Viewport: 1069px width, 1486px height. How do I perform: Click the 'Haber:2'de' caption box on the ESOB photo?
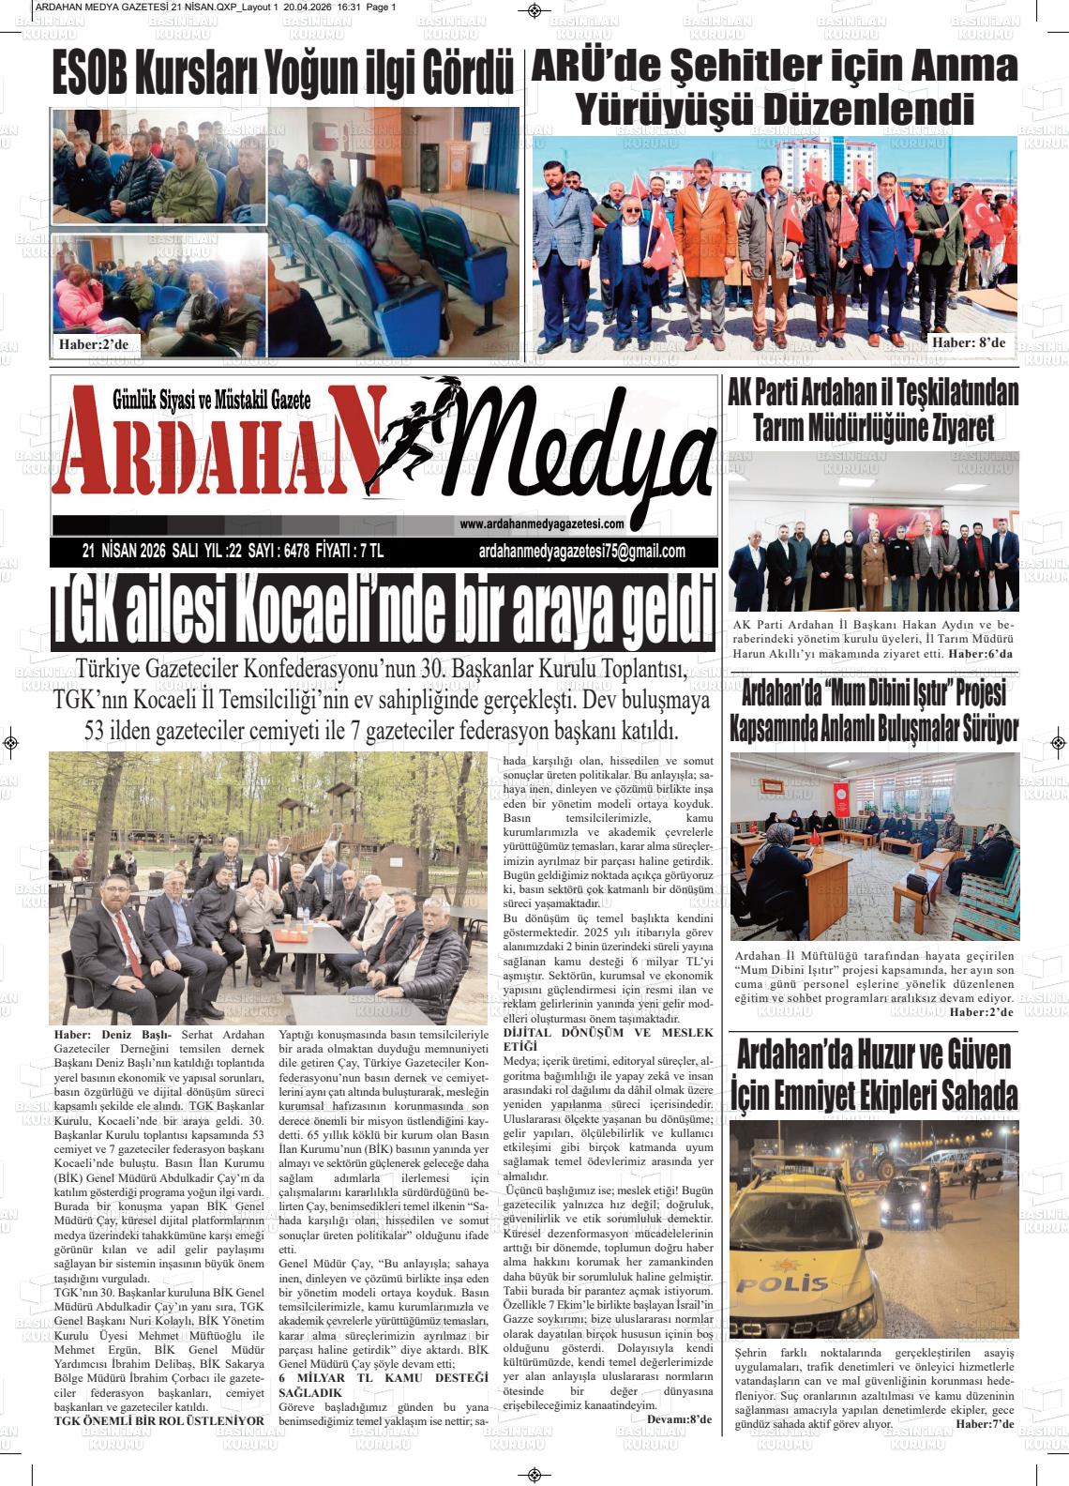pos(93,344)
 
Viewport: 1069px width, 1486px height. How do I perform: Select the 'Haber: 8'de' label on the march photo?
pos(968,342)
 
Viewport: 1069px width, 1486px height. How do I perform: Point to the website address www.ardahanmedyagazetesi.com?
pos(541,524)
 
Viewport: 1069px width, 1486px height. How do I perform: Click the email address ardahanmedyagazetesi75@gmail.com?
pos(581,552)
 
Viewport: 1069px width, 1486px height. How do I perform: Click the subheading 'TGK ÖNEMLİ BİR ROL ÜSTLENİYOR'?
pos(158,1420)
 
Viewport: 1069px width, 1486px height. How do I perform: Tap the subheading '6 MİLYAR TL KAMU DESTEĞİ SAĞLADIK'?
pos(384,1385)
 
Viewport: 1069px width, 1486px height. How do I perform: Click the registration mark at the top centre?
pos(534,11)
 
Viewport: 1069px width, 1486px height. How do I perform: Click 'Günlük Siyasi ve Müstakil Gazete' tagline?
pos(211,399)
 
